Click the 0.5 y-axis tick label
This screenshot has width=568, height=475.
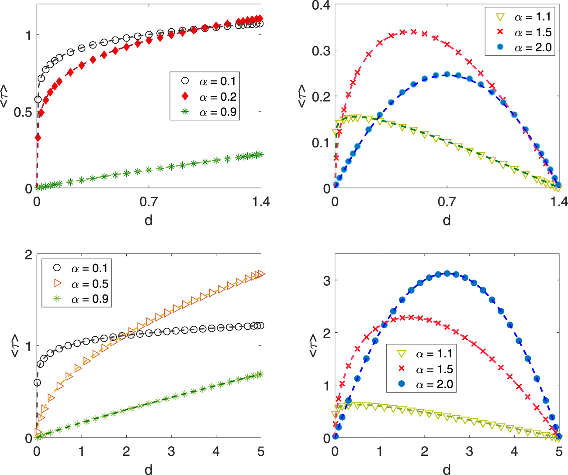tap(23, 112)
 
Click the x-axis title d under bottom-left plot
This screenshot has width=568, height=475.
tap(149, 469)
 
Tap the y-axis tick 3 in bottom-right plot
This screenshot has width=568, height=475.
tap(326, 280)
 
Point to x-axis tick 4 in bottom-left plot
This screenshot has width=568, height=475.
tap(216, 451)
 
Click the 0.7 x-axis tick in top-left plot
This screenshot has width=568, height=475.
tap(149, 202)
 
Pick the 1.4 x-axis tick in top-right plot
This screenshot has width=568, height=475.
tap(558, 202)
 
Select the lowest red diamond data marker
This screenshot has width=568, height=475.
tap(38, 138)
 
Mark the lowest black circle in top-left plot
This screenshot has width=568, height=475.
tap(38, 99)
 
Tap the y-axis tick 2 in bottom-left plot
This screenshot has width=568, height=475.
tap(29, 255)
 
